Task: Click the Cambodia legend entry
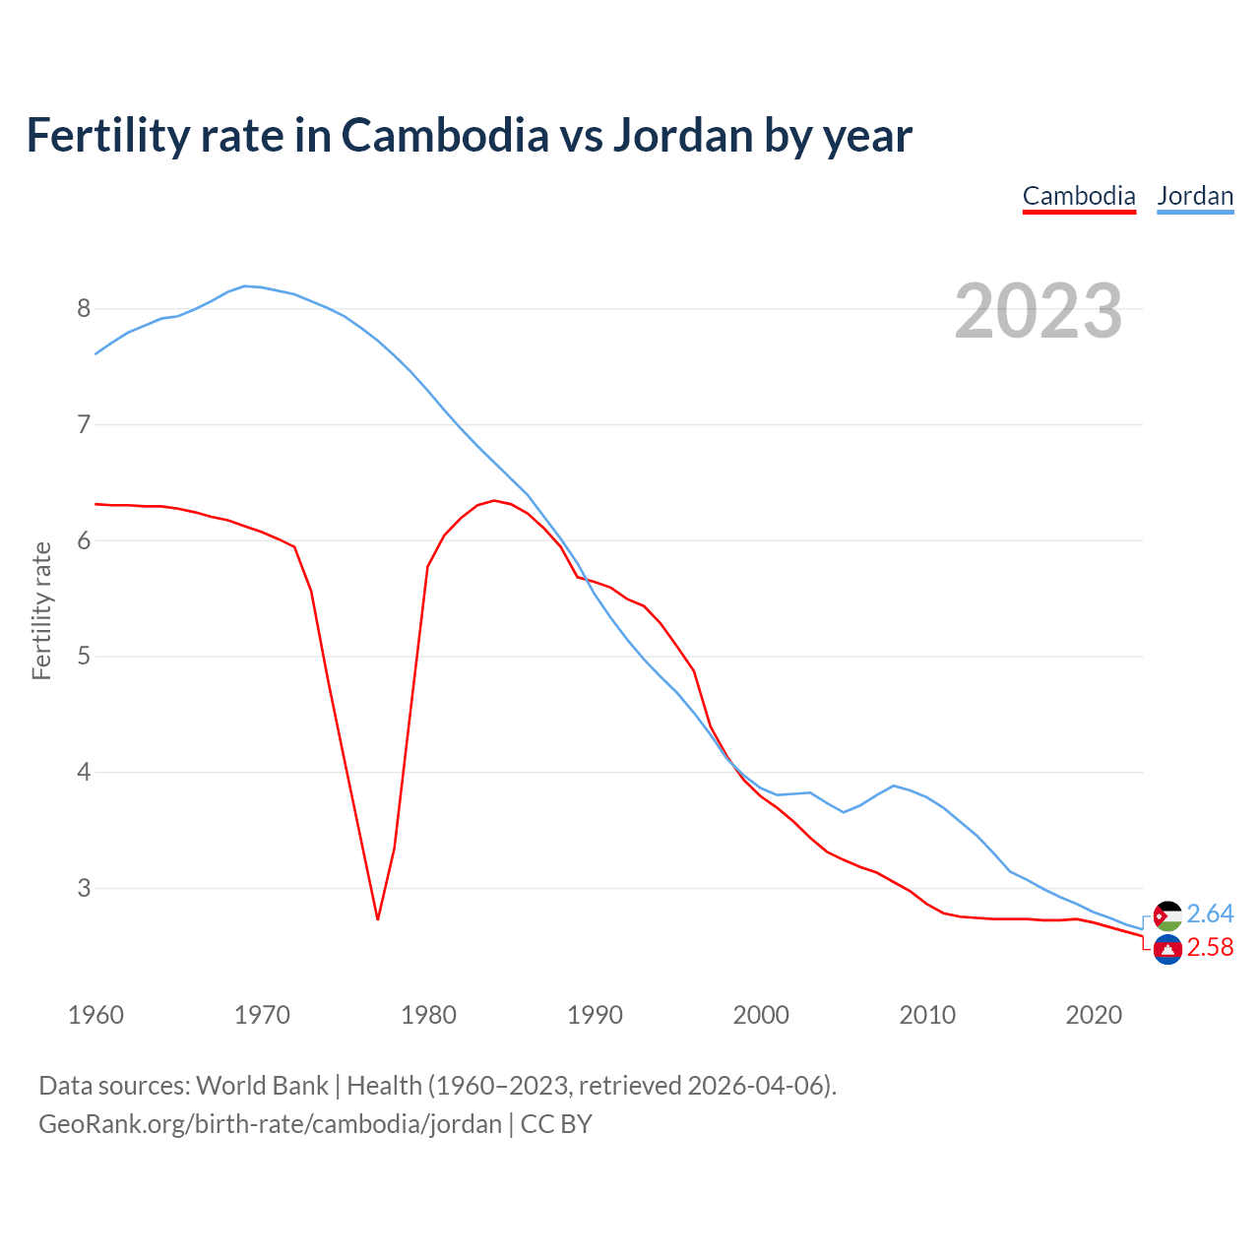pos(1079,196)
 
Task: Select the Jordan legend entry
pos(1195,196)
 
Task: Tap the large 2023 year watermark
pos(1039,311)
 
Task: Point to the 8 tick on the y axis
pos(84,309)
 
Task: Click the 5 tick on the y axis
pos(84,657)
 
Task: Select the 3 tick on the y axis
pos(84,888)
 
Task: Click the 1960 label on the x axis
pos(95,1015)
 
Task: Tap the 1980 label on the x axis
pos(428,1015)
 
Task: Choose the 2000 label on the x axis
pos(761,1015)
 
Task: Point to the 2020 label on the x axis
pos(1094,1015)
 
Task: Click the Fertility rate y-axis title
pos(41,610)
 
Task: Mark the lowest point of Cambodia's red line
pos(377,919)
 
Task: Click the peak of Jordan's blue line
pos(245,286)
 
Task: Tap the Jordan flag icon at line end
pos(1167,915)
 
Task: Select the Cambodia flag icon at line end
pos(1167,949)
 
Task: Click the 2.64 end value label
pos(1210,914)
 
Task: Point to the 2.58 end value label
pos(1210,948)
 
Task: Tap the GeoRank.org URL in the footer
pos(270,1124)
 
